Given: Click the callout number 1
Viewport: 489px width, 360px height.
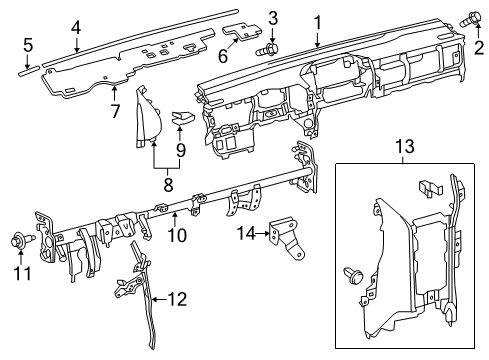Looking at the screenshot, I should (x=318, y=21).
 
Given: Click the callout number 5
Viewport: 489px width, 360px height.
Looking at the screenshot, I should (x=28, y=44).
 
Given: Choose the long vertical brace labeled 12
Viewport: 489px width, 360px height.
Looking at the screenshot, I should (x=146, y=300).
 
